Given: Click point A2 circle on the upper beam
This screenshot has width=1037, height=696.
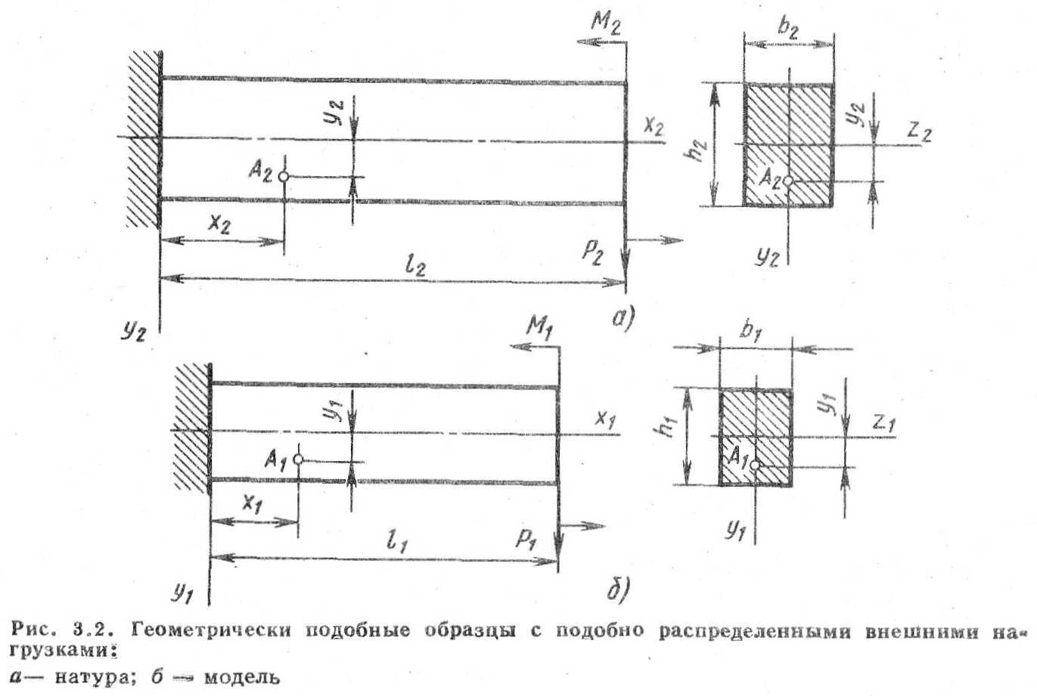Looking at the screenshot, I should [284, 176].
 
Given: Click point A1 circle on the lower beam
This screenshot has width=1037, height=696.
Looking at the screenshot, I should [298, 459].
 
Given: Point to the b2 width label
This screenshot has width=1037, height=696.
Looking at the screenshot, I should [787, 30].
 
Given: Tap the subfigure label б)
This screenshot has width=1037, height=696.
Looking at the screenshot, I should [616, 589].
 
